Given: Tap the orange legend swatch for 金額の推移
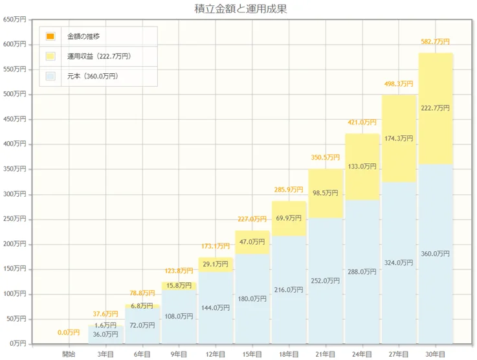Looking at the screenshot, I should click(50, 36).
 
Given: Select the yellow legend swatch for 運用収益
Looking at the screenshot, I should click(50, 56).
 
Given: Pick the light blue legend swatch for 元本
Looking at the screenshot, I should click(50, 76).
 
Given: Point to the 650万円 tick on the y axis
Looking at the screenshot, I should click(14, 19).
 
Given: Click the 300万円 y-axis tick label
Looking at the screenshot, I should click(14, 194).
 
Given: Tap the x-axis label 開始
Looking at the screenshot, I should click(69, 354).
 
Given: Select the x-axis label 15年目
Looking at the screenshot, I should click(252, 354).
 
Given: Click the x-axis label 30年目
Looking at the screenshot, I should click(436, 354).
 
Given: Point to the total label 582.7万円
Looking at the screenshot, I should click(435, 41).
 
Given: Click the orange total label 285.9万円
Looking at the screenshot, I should click(289, 190).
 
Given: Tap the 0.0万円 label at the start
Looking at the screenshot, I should click(69, 332).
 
